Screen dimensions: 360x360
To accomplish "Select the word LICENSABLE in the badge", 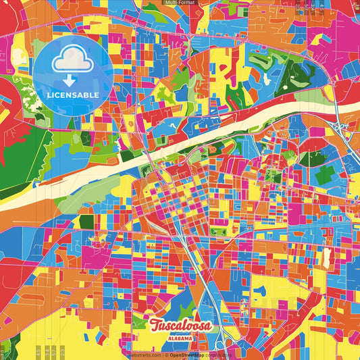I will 74,94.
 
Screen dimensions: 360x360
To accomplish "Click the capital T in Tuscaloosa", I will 156,325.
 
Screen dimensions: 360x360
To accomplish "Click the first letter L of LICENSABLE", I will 49,94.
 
